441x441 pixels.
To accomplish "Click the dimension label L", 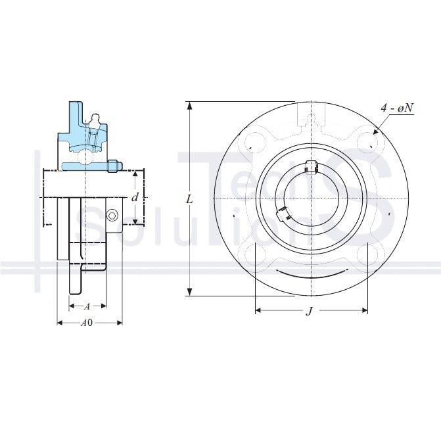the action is [190, 199].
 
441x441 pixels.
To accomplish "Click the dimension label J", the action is [310, 311].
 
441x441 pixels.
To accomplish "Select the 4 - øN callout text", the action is [397, 108].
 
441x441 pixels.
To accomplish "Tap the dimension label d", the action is [135, 197].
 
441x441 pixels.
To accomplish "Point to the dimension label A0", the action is [87, 323].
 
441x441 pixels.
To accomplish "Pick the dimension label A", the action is [87, 306].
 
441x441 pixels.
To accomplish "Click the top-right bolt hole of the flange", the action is [367, 142].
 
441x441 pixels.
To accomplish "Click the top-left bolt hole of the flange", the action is [255, 142].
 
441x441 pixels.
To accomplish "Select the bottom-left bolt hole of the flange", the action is [255, 254].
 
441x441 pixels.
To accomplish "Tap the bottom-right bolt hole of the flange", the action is [367, 254].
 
